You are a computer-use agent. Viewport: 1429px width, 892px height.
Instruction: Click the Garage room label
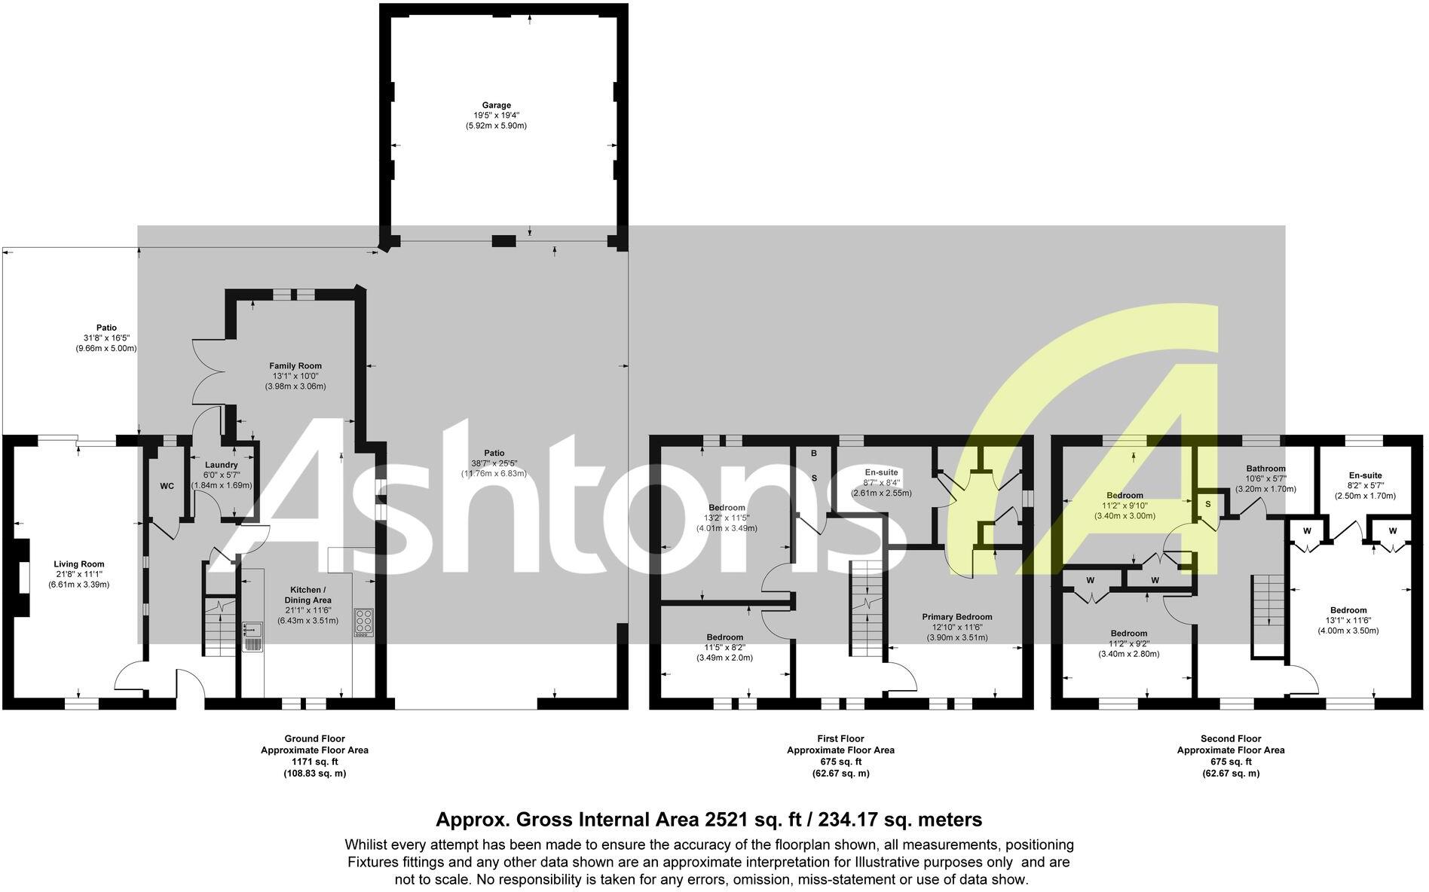(496, 105)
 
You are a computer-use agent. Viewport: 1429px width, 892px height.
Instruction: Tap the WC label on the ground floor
(167, 486)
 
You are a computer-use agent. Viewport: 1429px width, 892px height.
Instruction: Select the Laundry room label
(221, 465)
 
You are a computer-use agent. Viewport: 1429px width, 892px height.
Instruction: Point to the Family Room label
(295, 366)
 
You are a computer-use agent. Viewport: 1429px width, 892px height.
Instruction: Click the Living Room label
(79, 564)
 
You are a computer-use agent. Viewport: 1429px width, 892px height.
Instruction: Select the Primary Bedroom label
(957, 617)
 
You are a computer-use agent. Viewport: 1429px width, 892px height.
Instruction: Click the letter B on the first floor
(814, 454)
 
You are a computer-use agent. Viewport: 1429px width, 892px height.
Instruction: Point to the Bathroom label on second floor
(1265, 469)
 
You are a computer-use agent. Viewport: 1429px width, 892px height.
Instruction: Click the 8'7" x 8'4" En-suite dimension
(881, 482)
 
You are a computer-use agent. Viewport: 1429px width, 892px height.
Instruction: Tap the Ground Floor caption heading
(314, 738)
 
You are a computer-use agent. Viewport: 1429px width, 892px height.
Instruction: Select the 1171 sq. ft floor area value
(314, 762)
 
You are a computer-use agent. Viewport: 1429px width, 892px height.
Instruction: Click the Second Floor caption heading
(1230, 738)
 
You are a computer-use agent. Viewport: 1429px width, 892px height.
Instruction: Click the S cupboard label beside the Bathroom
(1207, 503)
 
